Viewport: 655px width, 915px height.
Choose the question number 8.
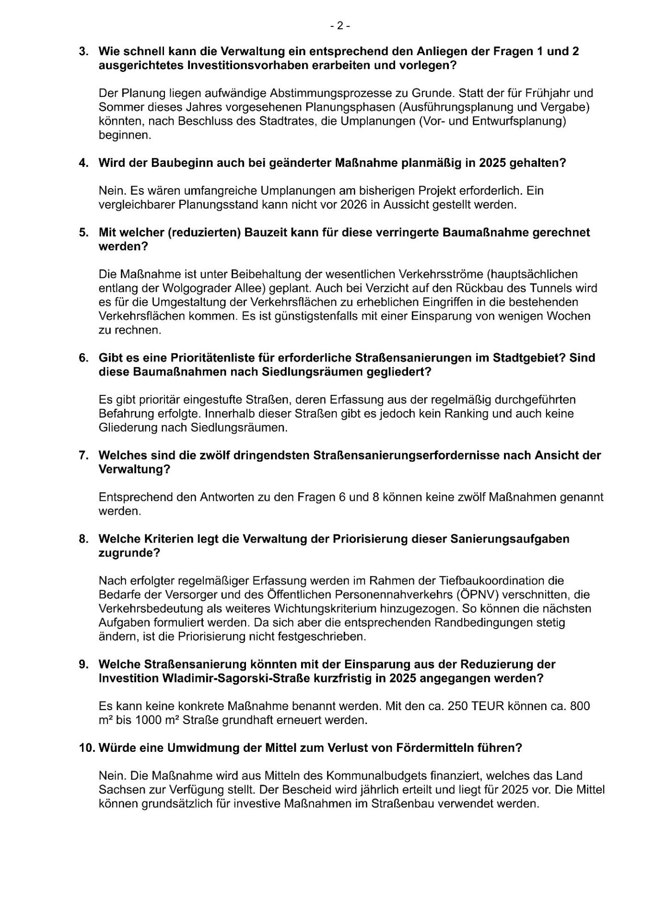(83, 539)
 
